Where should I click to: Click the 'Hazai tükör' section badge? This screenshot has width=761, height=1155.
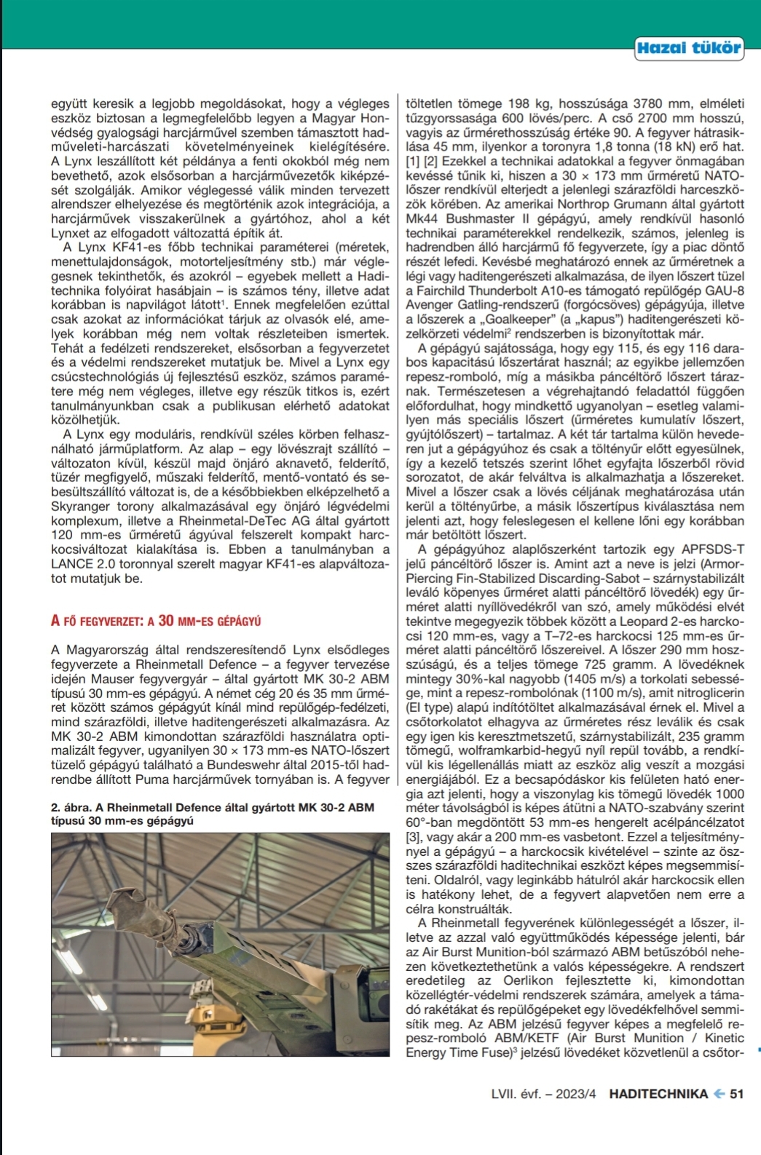point(688,49)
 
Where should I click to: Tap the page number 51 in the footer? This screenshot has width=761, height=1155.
point(736,1093)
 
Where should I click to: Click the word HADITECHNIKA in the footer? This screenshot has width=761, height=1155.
point(658,1093)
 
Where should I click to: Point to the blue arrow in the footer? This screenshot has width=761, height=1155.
point(718,1093)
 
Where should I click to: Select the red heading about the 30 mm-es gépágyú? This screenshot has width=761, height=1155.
point(156,621)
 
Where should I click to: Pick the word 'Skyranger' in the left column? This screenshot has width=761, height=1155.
point(83,507)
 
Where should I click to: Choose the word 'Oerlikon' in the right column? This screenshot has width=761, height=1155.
point(545,980)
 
